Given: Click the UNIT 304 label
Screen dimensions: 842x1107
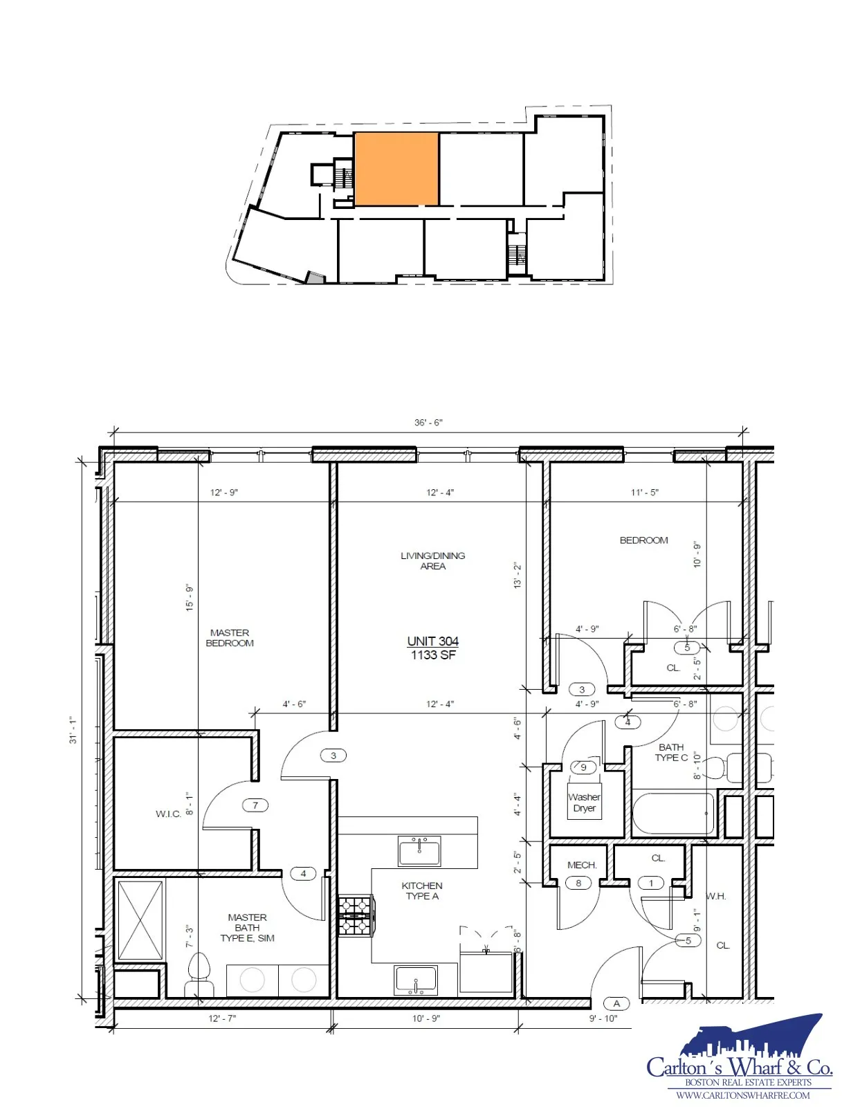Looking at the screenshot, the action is [432, 641].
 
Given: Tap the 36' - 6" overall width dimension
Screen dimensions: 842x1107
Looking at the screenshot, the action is [428, 423].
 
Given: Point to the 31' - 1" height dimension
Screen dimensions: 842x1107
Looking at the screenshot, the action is [73, 730].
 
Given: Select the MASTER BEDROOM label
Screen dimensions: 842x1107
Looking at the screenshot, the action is [230, 638].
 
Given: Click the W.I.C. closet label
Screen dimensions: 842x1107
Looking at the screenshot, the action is [168, 814].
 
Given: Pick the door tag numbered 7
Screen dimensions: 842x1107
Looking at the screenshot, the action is [255, 805].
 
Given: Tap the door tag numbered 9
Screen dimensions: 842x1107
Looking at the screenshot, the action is [583, 767].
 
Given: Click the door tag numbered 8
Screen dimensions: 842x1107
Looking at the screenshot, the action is [578, 883].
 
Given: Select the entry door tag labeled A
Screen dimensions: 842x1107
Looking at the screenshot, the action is [616, 1004].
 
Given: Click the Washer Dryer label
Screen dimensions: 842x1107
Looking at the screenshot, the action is [585, 803].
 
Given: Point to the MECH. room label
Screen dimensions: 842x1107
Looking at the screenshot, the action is [582, 865].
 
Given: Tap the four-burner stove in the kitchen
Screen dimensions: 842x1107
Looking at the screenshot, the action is [356, 915].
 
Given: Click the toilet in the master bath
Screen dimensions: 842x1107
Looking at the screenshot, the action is [198, 974].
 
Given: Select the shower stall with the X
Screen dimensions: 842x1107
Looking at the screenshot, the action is [140, 920].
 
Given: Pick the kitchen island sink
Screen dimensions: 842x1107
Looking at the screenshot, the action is [419, 851].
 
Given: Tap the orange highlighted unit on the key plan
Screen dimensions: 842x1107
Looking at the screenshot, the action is [396, 169].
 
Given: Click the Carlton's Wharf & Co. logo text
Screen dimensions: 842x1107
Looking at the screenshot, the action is [739, 1068].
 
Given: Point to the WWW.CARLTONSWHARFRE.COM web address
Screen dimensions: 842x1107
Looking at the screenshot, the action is [743, 1095].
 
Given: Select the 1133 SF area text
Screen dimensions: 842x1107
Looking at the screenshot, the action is [433, 655].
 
